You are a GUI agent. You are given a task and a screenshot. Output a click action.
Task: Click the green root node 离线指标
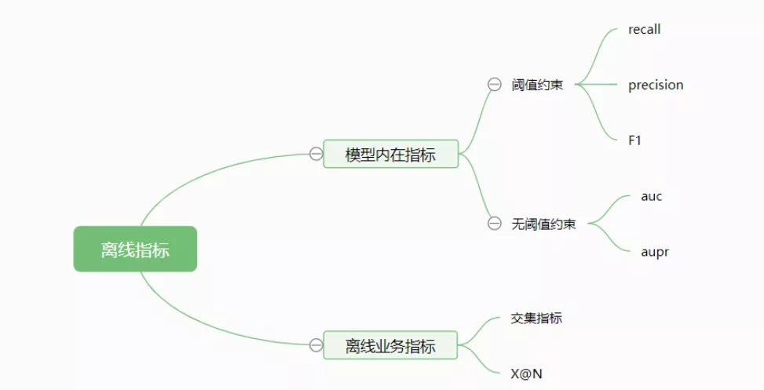(x=135, y=250)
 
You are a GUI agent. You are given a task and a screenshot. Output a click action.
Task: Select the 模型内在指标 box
(x=390, y=154)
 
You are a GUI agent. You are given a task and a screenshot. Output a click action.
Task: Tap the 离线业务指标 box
(x=390, y=345)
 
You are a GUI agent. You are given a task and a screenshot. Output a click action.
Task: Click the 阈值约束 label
(x=537, y=85)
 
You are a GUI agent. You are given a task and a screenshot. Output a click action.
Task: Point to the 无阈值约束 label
(x=543, y=224)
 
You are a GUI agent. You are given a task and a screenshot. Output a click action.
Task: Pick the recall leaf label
(x=644, y=30)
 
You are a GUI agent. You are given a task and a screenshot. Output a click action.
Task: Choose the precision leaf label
(x=656, y=85)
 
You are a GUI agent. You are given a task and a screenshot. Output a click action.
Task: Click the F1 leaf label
(x=635, y=140)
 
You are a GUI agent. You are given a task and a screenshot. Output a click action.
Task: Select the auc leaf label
(x=651, y=196)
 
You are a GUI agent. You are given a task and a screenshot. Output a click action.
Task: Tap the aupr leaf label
(x=654, y=252)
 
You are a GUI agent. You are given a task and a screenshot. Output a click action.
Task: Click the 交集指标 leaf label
(x=536, y=318)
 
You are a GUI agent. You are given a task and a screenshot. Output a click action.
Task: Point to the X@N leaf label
(x=526, y=374)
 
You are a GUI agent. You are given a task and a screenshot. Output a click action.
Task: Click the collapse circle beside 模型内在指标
(x=316, y=154)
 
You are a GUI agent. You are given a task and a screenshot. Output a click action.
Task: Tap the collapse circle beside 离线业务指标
(x=316, y=345)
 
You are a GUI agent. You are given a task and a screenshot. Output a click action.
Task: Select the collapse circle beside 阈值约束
(x=494, y=85)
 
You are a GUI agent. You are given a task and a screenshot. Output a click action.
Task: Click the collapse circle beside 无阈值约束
(x=494, y=224)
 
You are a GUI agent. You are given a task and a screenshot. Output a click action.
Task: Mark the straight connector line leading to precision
(x=601, y=85)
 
